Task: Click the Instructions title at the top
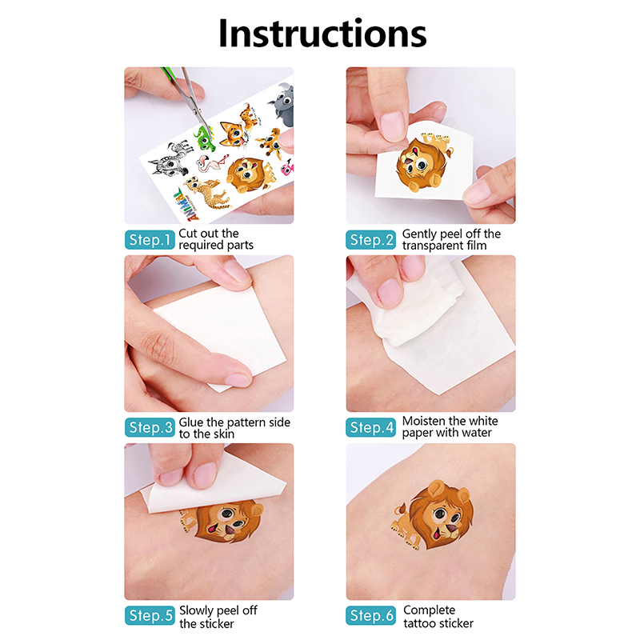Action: click(322, 33)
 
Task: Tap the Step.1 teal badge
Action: click(150, 240)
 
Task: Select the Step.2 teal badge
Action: click(370, 240)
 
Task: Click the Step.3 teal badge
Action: click(150, 427)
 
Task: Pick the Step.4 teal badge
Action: click(370, 427)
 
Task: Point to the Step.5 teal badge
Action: click(150, 615)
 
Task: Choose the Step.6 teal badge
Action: click(370, 615)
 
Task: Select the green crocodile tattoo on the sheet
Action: click(204, 138)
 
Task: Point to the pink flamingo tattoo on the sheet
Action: click(212, 162)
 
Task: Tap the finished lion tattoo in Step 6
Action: click(434, 515)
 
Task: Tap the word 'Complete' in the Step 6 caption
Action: click(429, 610)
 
